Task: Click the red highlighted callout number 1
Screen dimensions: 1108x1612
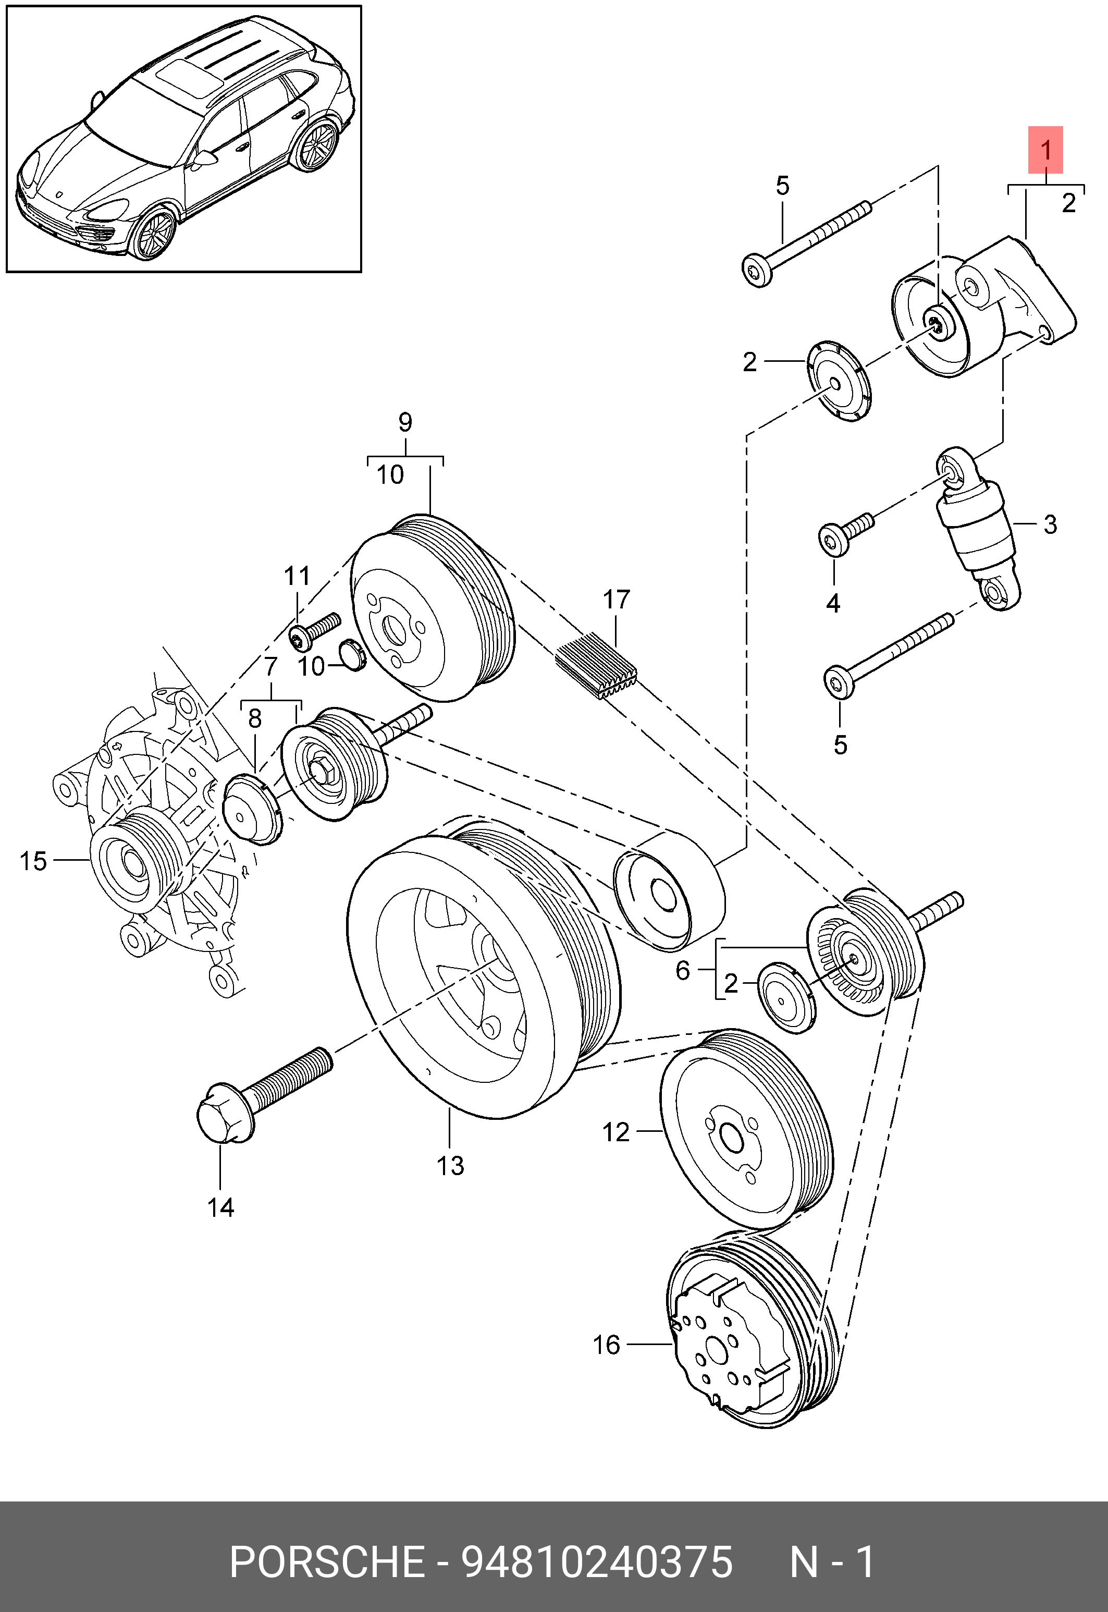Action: coord(1045,149)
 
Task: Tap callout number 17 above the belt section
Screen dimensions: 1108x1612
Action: coord(617,600)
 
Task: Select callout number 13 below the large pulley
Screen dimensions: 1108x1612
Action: coord(450,1165)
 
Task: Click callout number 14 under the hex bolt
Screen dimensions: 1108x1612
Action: coord(221,1208)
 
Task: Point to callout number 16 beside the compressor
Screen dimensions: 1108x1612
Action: coord(606,1345)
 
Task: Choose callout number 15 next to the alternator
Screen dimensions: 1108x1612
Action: coord(33,861)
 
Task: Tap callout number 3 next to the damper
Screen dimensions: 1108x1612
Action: coord(1050,524)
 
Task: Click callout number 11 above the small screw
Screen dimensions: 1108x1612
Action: coord(297,576)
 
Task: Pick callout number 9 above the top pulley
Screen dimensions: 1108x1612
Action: coord(405,422)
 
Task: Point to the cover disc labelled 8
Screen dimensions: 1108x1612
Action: coord(250,809)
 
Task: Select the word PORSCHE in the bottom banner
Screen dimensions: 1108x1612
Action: coord(326,1561)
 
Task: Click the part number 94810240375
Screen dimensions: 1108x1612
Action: coord(597,1561)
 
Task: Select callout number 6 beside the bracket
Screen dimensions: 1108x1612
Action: coord(683,970)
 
